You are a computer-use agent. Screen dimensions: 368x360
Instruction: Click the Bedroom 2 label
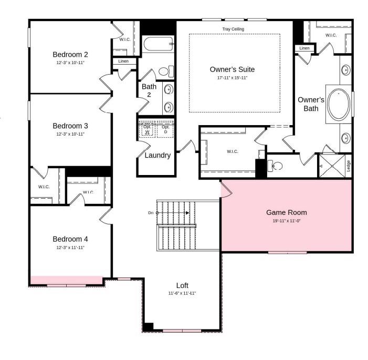70,55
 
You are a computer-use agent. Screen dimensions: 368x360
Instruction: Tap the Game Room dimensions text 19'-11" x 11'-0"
286,221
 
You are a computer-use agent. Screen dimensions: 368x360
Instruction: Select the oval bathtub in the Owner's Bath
339,105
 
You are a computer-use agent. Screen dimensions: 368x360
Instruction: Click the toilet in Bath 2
166,71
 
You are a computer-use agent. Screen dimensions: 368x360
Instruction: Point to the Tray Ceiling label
233,29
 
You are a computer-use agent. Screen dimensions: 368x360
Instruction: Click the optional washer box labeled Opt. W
147,129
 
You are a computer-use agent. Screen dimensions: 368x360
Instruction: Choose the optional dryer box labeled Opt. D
165,129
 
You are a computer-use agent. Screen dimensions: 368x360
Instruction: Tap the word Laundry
157,156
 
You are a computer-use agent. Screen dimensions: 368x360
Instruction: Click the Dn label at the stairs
151,213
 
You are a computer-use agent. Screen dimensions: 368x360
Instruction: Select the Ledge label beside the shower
349,166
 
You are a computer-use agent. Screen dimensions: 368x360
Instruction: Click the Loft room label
182,285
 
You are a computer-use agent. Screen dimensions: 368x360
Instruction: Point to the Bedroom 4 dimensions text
70,248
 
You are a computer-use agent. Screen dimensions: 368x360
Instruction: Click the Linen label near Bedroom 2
123,61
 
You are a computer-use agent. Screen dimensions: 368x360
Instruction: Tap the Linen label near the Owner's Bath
304,48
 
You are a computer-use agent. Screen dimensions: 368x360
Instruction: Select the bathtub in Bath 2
158,44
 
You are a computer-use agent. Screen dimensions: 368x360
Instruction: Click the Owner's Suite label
232,69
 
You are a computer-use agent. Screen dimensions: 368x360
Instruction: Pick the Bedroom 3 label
70,126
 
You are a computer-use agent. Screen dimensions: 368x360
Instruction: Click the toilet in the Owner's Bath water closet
275,166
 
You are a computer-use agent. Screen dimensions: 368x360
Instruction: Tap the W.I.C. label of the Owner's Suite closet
233,151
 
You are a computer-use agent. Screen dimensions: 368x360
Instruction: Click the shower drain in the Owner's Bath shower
332,166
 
